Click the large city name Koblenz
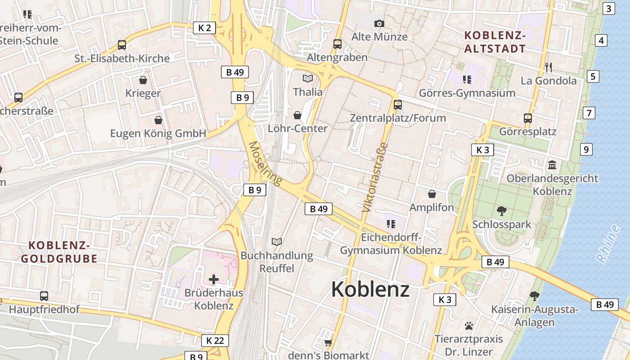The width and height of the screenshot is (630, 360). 370,289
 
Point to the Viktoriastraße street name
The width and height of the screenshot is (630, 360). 374,177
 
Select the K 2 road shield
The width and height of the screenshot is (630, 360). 204,28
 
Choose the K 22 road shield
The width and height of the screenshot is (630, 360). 215,341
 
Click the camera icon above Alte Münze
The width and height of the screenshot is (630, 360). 379,23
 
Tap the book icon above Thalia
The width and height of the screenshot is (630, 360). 308,78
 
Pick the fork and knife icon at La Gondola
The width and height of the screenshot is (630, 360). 548,67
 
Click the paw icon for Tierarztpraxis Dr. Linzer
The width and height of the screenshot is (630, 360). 469,325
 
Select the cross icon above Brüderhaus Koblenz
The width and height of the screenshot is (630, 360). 214,279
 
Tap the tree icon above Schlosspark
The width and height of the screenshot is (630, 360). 501,211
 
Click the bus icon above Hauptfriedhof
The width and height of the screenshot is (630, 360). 44,296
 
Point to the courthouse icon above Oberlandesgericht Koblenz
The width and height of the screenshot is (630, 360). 552,165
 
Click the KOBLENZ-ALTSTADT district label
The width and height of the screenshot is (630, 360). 495,42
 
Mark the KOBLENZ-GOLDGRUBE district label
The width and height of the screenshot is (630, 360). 59,252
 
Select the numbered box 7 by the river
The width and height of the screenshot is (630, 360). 589,113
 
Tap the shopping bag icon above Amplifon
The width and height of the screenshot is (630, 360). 432,194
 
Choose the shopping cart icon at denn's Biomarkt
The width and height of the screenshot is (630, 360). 328,342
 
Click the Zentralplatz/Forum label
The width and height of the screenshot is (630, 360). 398,118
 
